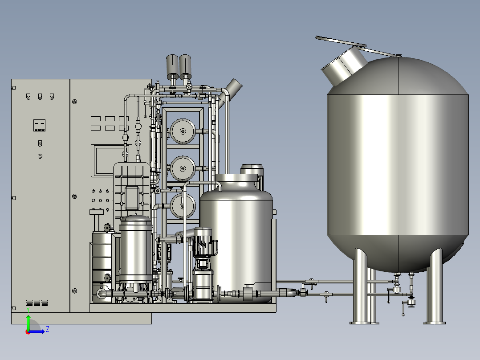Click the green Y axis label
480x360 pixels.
pyautogui.click(x=28, y=310)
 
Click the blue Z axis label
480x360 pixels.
pyautogui.click(x=48, y=329)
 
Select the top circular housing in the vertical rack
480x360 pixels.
pyautogui.click(x=183, y=131)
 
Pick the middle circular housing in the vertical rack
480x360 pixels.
pyautogui.click(x=183, y=168)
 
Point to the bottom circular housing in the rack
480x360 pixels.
pyautogui.click(x=183, y=206)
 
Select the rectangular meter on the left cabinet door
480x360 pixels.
pyautogui.click(x=39, y=125)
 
